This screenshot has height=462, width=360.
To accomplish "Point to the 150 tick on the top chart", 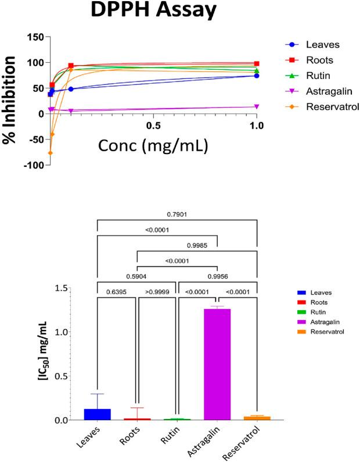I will pyautogui.click(x=36, y=37).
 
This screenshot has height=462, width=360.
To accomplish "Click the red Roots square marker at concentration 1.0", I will pyautogui.click(x=257, y=63).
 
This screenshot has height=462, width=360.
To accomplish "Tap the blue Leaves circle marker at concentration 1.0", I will pyautogui.click(x=257, y=76).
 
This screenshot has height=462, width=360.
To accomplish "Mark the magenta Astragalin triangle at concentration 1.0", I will pyautogui.click(x=257, y=107).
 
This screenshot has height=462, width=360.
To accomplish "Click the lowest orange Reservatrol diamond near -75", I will pyautogui.click(x=51, y=153).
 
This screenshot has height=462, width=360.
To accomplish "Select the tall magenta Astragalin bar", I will pyautogui.click(x=217, y=364).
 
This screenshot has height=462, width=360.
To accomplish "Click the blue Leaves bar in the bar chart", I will pyautogui.click(x=98, y=414).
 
